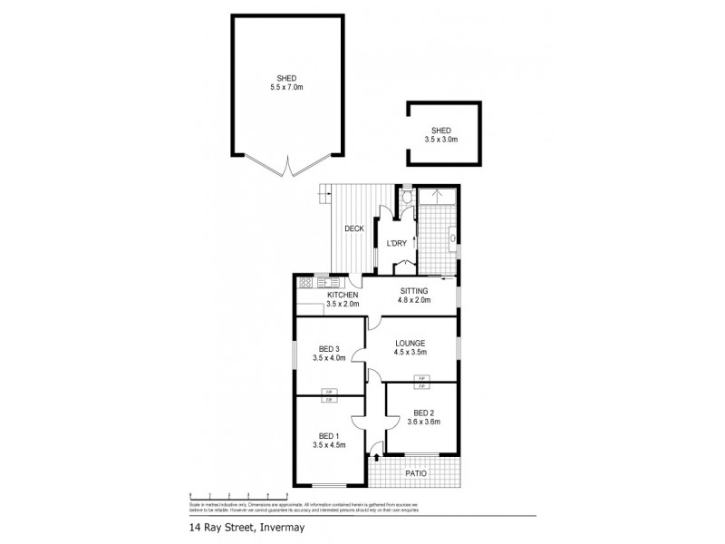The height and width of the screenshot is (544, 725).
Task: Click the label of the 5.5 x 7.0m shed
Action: pos(287,83)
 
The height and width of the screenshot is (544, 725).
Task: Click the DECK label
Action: pos(354,228)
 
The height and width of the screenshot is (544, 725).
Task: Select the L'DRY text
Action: pos(396,243)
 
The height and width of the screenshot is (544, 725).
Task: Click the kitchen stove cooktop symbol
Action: pos(305,282)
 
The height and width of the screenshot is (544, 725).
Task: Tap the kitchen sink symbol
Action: pos(325,282)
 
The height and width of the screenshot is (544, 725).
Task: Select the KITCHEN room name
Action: pos(343,296)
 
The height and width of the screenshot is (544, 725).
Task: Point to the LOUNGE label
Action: pos(410,343)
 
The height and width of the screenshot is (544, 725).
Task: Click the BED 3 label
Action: pos(329,349)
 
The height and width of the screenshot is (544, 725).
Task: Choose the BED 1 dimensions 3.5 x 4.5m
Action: pos(329,444)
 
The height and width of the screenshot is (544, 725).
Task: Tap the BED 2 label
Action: pos(424,413)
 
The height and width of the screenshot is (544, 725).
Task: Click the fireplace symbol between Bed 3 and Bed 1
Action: pos(329,395)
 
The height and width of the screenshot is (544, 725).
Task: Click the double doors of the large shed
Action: pos(288,167)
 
